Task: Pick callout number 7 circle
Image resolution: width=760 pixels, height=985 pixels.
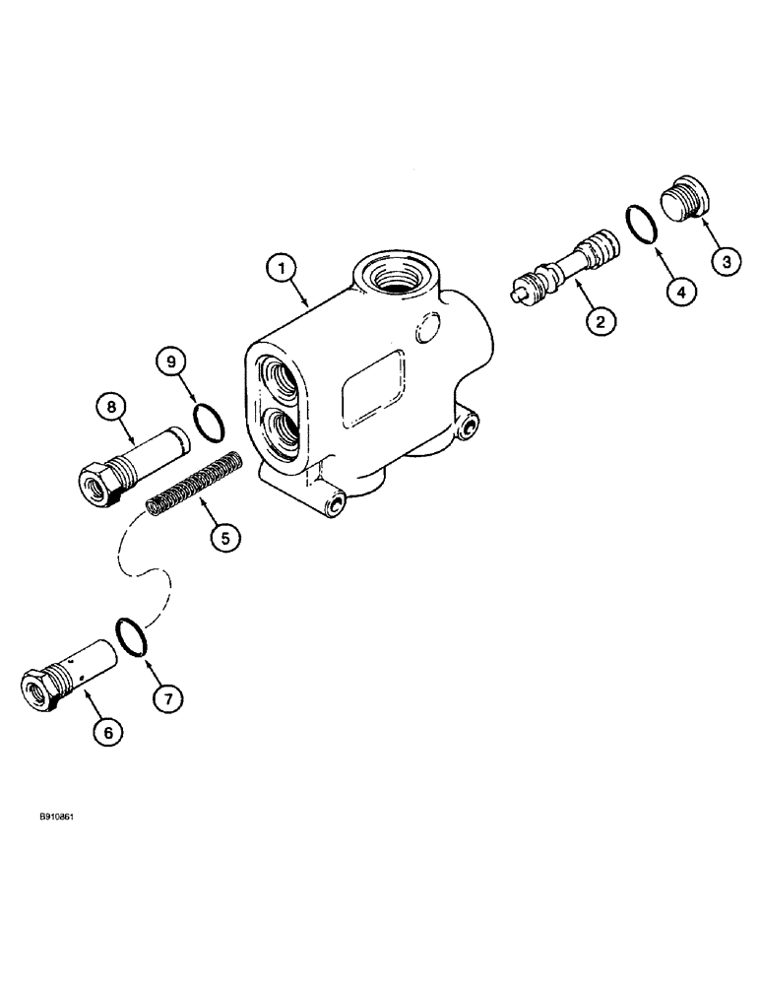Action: click(165, 698)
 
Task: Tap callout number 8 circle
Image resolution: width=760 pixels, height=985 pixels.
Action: click(109, 405)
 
